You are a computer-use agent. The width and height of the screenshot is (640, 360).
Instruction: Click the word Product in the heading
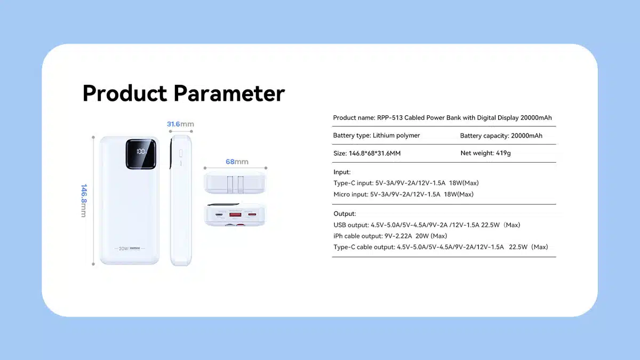pos(125,93)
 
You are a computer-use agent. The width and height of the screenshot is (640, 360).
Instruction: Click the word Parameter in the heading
pos(229,93)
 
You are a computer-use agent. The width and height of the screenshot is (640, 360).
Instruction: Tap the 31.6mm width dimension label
pos(180,124)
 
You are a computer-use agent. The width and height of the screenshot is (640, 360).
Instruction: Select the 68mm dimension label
pos(237,162)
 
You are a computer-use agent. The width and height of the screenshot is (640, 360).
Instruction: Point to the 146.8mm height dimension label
pos(84,201)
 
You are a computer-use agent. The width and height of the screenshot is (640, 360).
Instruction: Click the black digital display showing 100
pos(141,154)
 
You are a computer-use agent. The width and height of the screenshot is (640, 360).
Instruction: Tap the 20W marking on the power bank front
pos(123,249)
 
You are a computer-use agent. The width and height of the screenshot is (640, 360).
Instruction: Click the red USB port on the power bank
pos(235,214)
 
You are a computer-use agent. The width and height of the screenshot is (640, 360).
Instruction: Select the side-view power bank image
pos(181,201)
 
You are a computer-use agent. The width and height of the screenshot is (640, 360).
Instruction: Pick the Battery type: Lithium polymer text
pos(377,135)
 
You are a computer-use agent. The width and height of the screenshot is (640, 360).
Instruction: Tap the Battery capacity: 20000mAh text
pos(501,135)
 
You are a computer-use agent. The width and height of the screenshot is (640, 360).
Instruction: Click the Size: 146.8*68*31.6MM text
pos(367,154)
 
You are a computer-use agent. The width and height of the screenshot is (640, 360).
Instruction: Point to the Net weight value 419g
pos(503,153)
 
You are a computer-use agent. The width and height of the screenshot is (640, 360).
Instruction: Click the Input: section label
pos(342,172)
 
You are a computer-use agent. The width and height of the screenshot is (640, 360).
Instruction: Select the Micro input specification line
pos(403,194)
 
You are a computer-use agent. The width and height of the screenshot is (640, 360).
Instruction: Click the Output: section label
pos(345,214)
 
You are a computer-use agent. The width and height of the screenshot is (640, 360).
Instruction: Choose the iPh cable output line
pos(390,236)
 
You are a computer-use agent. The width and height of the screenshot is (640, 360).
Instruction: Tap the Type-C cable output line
pos(441,247)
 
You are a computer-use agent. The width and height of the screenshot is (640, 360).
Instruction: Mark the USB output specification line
pos(427,225)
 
